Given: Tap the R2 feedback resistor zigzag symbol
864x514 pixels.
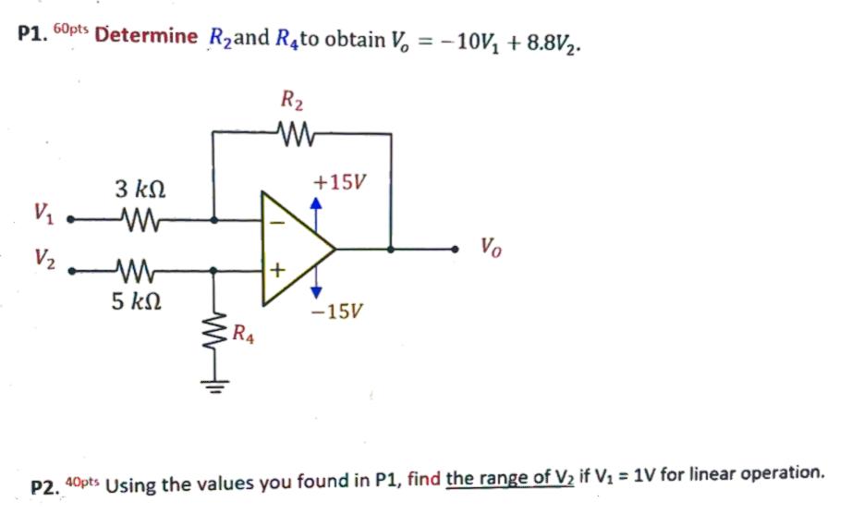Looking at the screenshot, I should click(x=295, y=136).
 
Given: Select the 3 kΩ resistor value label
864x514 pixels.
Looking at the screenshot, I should click(x=140, y=190).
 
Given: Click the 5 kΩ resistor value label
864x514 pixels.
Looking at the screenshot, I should click(x=137, y=301).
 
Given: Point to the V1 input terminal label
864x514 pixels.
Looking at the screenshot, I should click(x=43, y=214).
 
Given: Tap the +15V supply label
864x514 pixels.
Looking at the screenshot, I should click(x=339, y=182).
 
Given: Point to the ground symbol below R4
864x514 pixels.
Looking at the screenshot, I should click(x=214, y=382).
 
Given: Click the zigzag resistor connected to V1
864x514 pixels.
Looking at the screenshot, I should click(x=140, y=222).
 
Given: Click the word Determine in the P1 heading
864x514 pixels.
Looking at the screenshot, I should click(x=146, y=38).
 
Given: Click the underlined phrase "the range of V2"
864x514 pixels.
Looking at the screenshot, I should click(x=509, y=477).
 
